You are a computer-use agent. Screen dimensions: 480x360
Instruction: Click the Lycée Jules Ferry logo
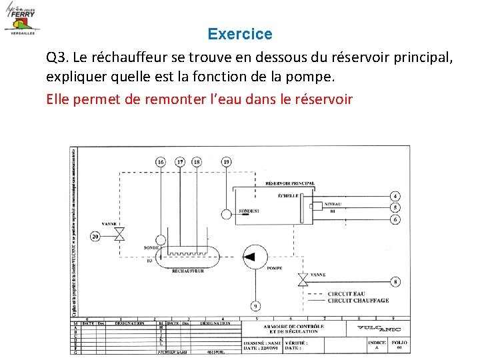pos(21,18)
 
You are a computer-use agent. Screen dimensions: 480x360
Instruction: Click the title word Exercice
pos(240,33)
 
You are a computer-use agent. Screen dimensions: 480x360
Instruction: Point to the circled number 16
pos(161,162)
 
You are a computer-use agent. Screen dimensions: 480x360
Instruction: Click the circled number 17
pos(180,162)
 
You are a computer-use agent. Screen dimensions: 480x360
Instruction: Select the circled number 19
pos(227,162)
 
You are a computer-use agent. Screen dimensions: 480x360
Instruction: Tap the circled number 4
pos(396,196)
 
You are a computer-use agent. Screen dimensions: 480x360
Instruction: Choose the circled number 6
pos(396,219)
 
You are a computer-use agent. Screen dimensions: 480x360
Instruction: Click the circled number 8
pos(396,282)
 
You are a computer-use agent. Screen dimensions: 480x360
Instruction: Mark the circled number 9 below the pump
pos(255,305)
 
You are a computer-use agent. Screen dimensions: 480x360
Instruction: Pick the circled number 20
pos(95,236)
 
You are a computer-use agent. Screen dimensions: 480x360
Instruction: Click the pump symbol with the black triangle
pos(253,257)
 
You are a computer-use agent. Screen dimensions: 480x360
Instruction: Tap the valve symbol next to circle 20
pos(120,234)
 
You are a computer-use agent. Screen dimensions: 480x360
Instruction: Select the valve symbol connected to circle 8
pos(302,281)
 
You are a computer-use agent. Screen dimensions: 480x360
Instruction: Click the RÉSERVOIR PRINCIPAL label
pos(290,183)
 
